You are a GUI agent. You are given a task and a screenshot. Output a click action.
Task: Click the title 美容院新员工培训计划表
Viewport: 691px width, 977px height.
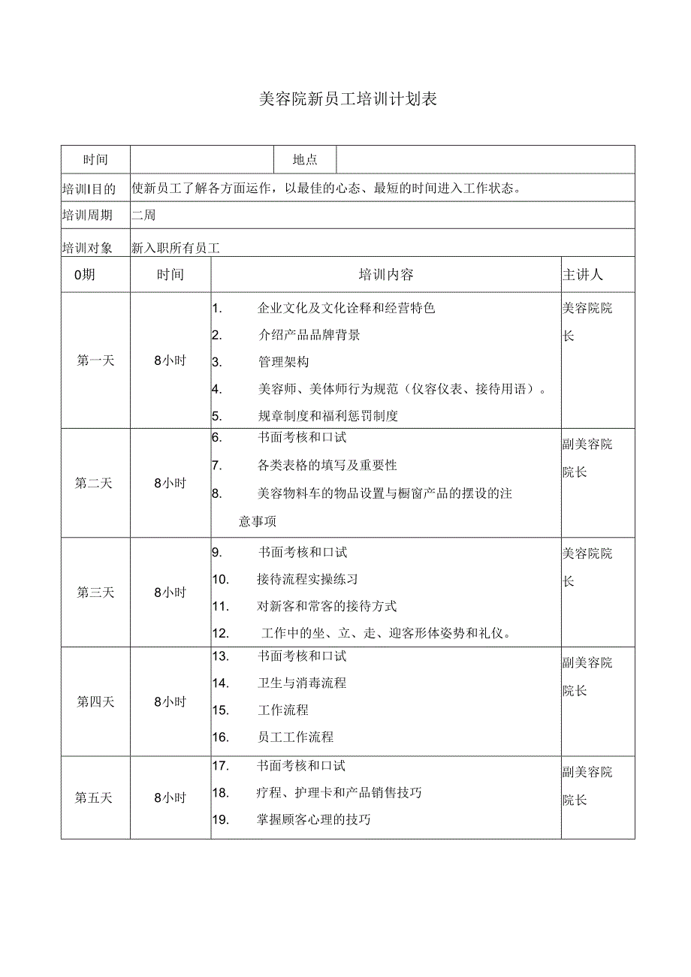pos(346,100)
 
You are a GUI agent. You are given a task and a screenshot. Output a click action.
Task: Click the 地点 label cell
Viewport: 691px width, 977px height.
pos(305,159)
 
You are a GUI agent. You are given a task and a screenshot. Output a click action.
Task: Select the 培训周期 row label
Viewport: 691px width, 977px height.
pos(88,216)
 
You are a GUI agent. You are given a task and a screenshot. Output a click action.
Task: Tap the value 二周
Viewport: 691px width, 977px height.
pos(143,216)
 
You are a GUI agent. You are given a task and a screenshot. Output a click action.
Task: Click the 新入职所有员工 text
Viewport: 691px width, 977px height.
pos(179,247)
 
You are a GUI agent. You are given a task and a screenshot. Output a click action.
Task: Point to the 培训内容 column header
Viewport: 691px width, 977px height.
pos(386,275)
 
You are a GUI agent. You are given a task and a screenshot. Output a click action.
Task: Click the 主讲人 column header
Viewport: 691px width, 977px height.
pos(582,275)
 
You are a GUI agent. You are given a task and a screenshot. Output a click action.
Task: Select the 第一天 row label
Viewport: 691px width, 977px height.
pos(95,360)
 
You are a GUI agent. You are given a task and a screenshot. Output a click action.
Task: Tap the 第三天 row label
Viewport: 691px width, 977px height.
pos(95,593)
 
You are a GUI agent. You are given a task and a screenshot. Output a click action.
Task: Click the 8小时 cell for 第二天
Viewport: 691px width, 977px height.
pos(170,484)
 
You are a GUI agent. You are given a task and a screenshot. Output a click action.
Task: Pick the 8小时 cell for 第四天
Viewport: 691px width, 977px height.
pos(170,702)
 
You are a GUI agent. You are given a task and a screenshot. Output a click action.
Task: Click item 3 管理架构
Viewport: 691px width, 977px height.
pos(283,362)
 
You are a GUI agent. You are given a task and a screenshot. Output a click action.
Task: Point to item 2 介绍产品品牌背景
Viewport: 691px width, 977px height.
pos(309,335)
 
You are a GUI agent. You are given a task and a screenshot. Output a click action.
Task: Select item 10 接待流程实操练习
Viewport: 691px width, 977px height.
pos(306,579)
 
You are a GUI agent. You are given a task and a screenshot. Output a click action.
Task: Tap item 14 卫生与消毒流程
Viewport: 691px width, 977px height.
pos(301,683)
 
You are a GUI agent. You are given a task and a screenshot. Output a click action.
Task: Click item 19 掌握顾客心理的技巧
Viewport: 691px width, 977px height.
pos(314,819)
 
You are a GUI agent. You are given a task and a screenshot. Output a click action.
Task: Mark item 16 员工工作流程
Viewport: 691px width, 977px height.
pos(295,737)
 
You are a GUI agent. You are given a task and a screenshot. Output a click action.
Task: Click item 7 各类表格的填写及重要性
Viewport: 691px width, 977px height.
pos(327,466)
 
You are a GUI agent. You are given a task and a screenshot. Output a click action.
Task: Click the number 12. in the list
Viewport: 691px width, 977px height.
pos(220,633)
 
